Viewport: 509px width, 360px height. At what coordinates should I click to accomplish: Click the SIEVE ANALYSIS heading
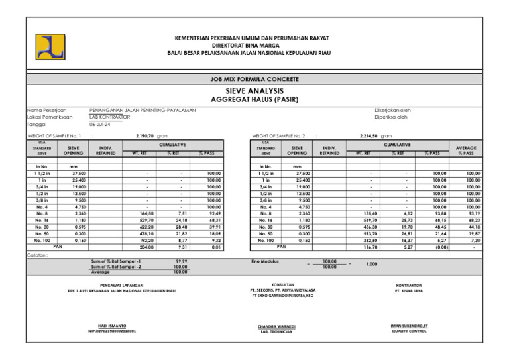coord(254,90)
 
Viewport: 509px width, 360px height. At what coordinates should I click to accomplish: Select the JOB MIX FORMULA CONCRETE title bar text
coord(254,79)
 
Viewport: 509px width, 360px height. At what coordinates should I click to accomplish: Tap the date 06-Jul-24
coord(101,124)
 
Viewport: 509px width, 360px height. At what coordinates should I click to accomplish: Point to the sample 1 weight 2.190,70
coord(145,135)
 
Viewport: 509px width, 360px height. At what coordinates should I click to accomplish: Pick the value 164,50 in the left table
coord(147,214)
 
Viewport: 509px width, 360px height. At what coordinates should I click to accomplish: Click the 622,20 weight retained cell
coord(147,227)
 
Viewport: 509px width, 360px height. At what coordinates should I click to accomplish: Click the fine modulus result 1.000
coord(371,264)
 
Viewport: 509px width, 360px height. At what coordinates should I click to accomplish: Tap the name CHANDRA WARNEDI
coord(277,326)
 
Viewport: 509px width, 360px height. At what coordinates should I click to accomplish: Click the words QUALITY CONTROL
coord(409,330)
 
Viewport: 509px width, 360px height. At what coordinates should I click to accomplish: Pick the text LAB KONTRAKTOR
coord(109,117)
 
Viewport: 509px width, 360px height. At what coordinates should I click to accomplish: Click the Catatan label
coord(37,255)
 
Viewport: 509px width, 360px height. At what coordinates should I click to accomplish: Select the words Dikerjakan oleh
coord(393,110)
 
